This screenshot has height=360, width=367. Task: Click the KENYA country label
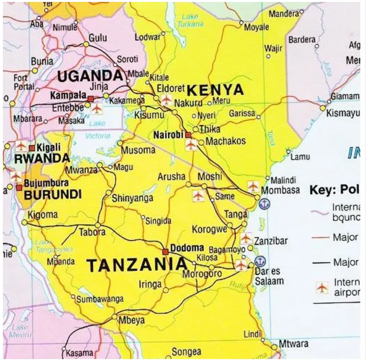215,90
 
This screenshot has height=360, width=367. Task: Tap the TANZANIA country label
137,265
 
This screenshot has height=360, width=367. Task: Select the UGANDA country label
90,76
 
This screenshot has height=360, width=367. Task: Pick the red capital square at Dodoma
165,252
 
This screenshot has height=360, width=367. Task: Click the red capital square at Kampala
90,99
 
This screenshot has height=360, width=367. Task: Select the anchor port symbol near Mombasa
265,204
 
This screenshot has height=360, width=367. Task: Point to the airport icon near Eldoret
166,100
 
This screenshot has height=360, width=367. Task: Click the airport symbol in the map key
322,288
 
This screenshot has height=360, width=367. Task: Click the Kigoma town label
43,215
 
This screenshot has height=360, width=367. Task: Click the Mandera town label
284,14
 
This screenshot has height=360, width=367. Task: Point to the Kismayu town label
343,114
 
